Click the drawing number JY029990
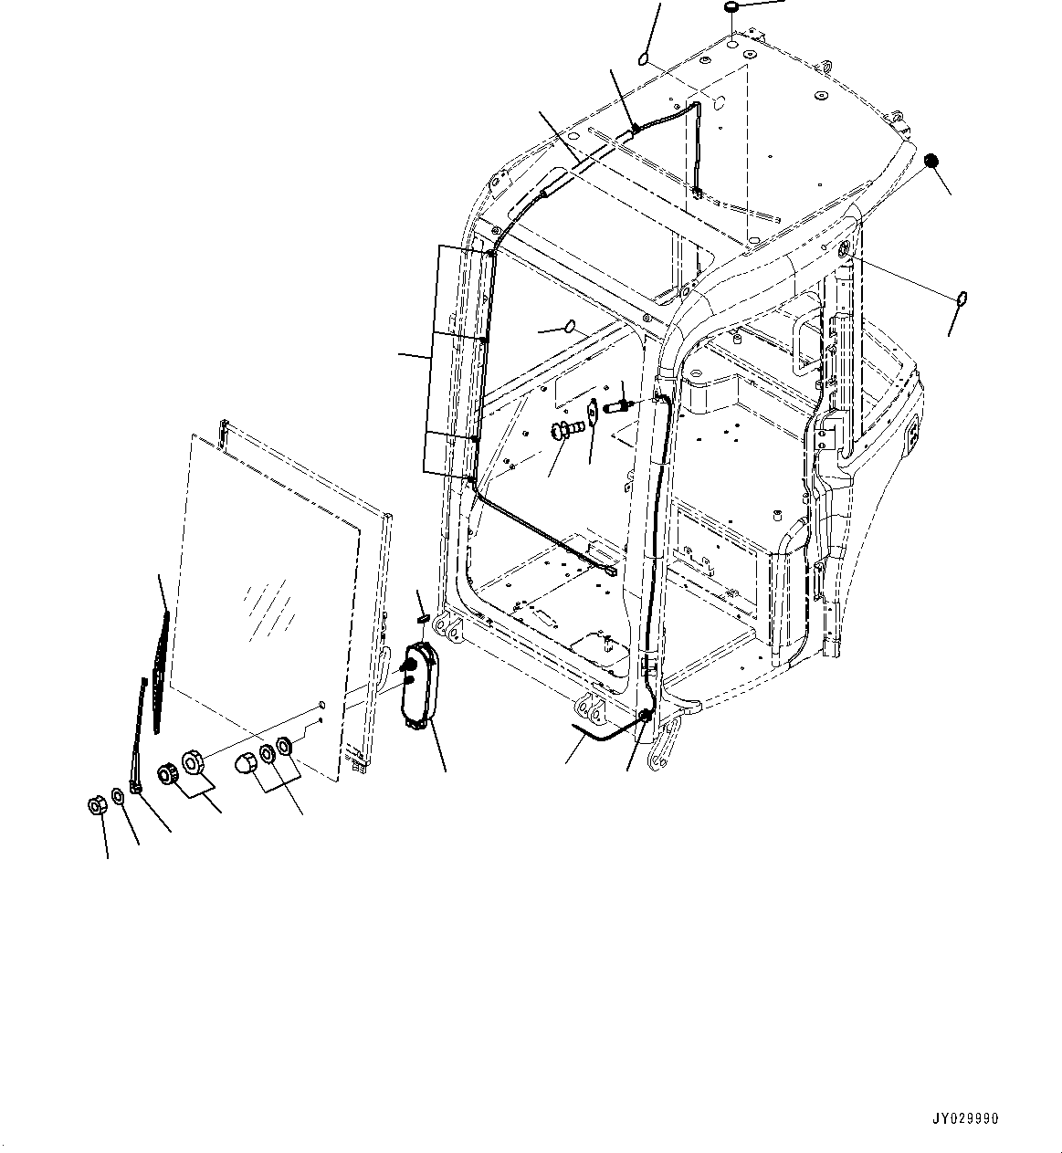(x=965, y=1119)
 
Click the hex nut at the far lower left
(x=96, y=805)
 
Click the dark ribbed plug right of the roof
(x=931, y=161)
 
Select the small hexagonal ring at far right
(x=962, y=298)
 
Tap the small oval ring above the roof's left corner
(x=643, y=60)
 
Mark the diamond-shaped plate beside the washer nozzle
(x=592, y=412)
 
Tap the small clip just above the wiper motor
(x=423, y=618)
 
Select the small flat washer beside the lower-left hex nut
(x=119, y=796)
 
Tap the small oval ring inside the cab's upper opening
(x=571, y=325)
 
